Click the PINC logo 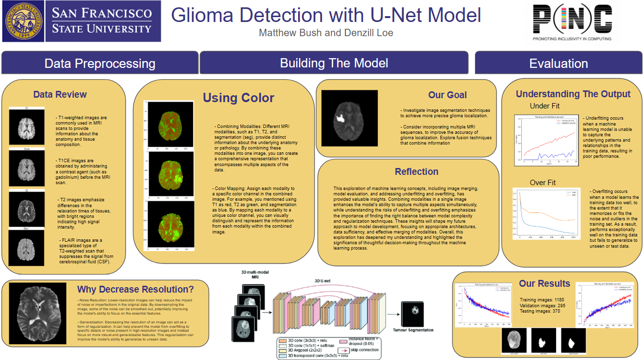point(571,22)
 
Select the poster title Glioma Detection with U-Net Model point(326,15)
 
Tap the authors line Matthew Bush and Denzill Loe point(326,33)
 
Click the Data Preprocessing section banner point(100,64)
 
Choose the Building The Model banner point(334,63)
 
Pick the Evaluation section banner point(558,64)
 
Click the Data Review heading point(60,95)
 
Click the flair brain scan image point(26,249)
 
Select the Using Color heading point(238,98)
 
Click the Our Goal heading point(447,95)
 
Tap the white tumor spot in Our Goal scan point(341,117)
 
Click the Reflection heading point(416,171)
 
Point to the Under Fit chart point(546,141)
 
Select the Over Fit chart point(546,213)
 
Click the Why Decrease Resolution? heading point(135,289)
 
